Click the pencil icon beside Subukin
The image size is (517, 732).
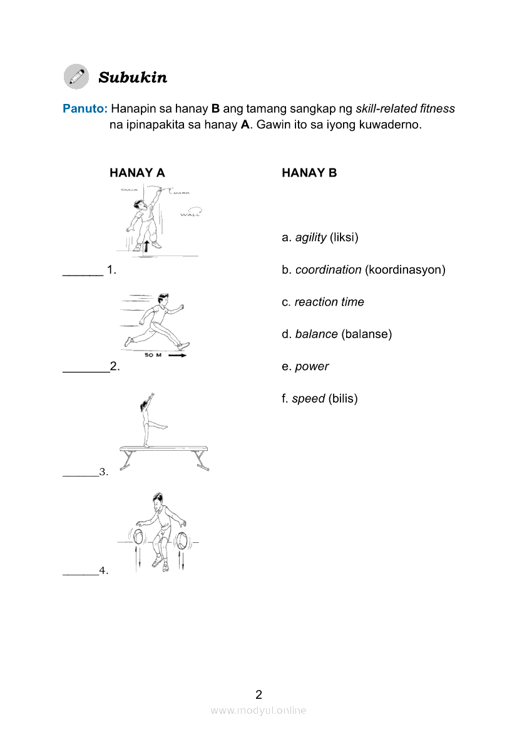tap(76, 76)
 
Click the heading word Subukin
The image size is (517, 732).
tap(133, 78)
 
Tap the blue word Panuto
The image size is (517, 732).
tap(85, 108)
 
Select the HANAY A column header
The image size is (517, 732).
tap(137, 173)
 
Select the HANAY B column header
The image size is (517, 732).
tap(309, 173)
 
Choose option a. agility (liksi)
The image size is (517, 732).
tap(320, 238)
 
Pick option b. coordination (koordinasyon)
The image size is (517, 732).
tap(363, 270)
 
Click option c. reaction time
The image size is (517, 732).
tap(322, 302)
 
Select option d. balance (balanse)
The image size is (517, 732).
tap(336, 334)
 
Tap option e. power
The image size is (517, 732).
tap(305, 366)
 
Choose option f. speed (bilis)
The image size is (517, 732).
tap(319, 399)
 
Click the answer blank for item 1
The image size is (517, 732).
tap(83, 274)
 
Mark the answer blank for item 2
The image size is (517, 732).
tap(86, 370)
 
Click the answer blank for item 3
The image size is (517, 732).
tap(81, 475)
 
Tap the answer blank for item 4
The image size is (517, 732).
tap(81, 573)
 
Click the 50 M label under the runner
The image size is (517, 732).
tap(153, 355)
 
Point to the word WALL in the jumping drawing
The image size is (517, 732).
tap(190, 214)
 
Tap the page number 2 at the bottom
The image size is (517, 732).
tap(258, 694)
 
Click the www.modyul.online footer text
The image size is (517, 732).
tap(258, 710)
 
